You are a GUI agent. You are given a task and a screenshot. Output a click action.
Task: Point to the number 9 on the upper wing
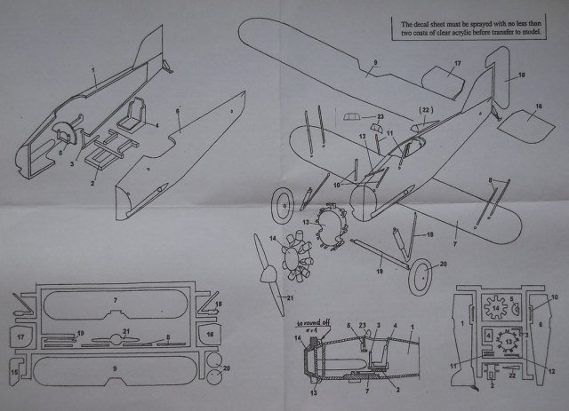point(375,61)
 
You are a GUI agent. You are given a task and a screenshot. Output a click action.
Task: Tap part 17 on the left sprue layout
point(18,337)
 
